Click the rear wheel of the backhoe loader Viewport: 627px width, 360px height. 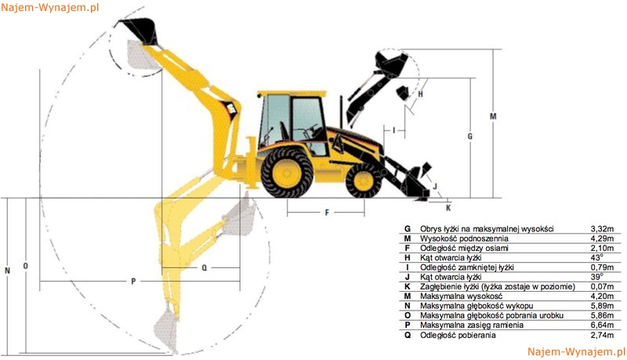287,173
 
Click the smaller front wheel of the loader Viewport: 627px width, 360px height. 364,181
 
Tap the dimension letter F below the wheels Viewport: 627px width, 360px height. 327,213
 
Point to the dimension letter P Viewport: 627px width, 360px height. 133,282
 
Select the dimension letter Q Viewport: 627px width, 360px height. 205,267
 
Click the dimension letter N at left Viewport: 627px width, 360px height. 7,271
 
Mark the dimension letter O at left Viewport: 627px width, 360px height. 26,266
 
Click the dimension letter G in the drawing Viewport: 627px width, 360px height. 469,136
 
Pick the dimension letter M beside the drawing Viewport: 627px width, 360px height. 493,116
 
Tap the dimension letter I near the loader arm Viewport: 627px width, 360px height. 394,130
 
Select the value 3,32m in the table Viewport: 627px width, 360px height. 602,229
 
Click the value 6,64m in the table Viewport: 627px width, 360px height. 602,325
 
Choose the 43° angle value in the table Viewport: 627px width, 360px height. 596,257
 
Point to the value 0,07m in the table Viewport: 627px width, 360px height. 602,286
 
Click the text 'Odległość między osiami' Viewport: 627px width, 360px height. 464,248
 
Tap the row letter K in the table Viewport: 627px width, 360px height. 408,286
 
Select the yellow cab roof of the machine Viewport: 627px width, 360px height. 292,93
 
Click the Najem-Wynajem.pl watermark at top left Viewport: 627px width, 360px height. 49,8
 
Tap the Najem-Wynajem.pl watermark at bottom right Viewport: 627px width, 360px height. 576,351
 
